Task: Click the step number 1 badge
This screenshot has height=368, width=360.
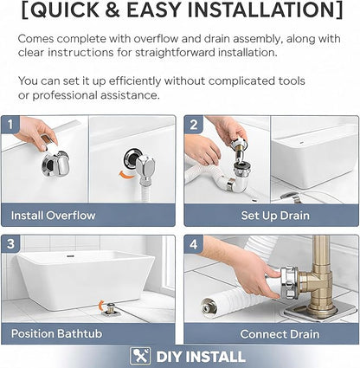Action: point(10,125)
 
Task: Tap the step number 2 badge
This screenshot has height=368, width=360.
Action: point(194,125)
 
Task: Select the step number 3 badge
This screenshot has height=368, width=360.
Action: point(11,244)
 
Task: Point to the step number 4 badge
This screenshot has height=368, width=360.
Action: point(194,244)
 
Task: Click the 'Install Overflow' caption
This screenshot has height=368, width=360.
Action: point(53,216)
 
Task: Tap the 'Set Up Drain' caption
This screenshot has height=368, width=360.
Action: point(275,216)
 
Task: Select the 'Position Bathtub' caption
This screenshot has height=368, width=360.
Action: point(56,333)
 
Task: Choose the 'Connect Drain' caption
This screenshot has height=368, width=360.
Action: point(280,334)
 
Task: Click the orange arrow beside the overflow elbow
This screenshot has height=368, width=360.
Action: point(127,175)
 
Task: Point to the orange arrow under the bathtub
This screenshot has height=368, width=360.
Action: point(100,306)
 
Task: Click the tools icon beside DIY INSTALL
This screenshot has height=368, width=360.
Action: point(140,356)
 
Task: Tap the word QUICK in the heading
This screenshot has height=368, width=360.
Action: point(65,10)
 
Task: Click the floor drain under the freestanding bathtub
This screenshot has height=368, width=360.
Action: point(110,309)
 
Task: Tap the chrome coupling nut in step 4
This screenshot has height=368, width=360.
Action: point(288,282)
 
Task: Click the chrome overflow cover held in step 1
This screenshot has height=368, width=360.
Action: point(56,164)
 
